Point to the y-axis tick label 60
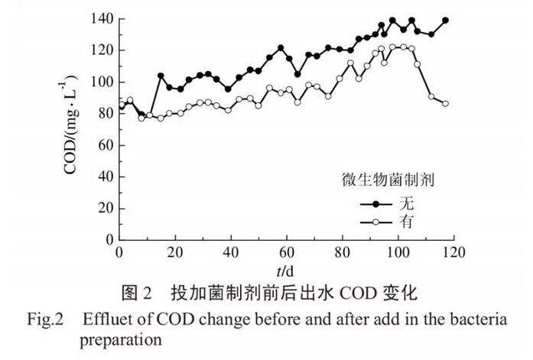[104, 145]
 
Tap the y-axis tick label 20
[104, 209]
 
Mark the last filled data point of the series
[446, 21]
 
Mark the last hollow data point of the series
[446, 103]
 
